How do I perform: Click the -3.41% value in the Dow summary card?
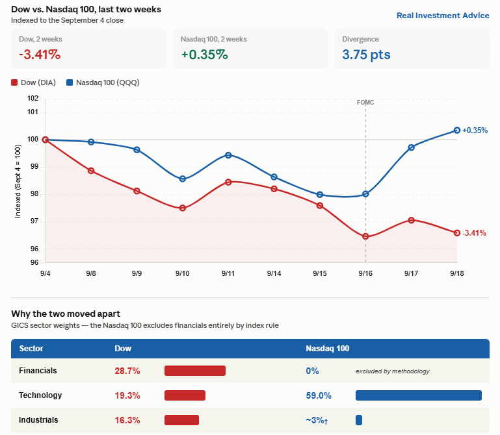point(40,55)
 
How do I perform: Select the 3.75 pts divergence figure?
point(366,55)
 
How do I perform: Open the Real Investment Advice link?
point(443,16)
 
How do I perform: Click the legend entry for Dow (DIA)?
point(33,82)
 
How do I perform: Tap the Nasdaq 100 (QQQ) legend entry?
point(103,82)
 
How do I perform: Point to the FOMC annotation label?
point(365,103)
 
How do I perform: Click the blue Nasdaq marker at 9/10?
point(183,179)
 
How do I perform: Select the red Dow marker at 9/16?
point(365,236)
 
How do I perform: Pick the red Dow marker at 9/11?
point(228,182)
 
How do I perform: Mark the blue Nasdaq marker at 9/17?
point(412,147)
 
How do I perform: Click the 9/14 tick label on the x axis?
point(274,273)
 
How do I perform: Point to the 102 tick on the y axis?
point(33,98)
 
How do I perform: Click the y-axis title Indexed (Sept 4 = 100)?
point(18,181)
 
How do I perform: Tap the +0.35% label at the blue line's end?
point(475,130)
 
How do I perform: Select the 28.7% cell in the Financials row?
point(127,371)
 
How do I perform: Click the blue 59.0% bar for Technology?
point(418,395)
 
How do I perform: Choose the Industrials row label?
point(38,420)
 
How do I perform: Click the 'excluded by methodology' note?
point(393,371)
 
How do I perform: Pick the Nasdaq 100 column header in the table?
point(328,349)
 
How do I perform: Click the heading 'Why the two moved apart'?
point(66,314)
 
